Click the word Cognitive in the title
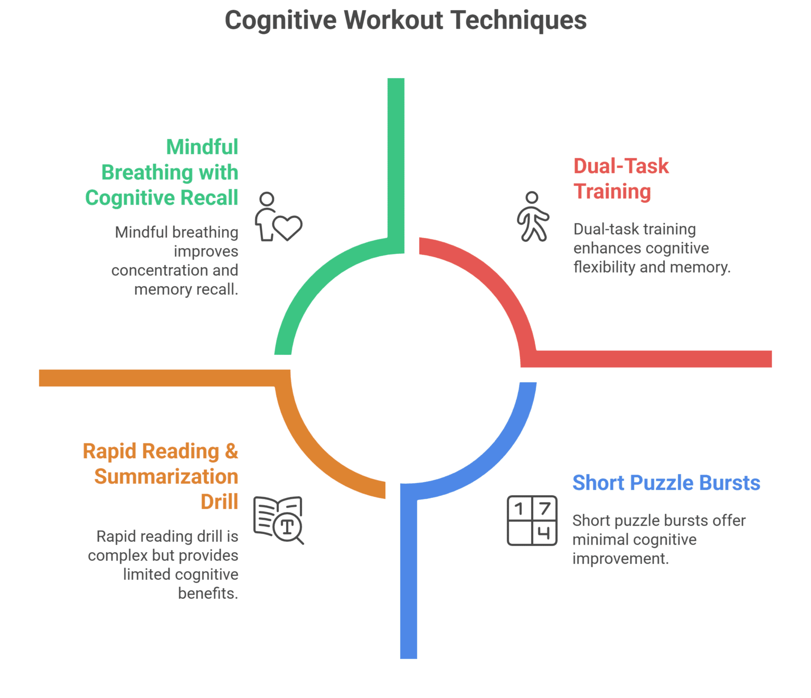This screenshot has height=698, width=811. tap(280, 21)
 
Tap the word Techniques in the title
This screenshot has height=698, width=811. tap(518, 21)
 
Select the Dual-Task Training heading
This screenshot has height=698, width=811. tap(621, 178)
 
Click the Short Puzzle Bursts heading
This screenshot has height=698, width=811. tap(666, 483)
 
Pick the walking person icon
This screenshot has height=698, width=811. tap(533, 216)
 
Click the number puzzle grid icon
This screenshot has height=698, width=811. tap(532, 521)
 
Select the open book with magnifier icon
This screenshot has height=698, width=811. tap(279, 520)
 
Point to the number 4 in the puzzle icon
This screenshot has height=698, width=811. tap(544, 533)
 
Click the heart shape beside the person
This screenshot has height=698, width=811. tap(288, 228)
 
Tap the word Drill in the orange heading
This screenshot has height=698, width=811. tap(219, 502)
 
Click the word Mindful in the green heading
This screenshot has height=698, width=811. tap(202, 147)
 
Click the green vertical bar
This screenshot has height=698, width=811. tap(396, 158)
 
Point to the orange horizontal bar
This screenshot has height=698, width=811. tap(158, 378)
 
